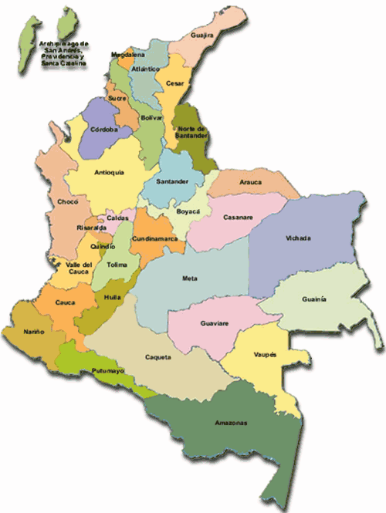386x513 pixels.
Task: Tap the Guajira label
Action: coord(203,35)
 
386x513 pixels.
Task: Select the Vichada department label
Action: coord(298,238)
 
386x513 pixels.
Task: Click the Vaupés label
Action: coord(265,353)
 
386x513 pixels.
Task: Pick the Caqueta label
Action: coord(157,357)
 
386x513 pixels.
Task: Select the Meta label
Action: coord(190,278)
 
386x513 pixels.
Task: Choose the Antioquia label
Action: coord(108,173)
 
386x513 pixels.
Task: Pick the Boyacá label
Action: coord(188,211)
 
